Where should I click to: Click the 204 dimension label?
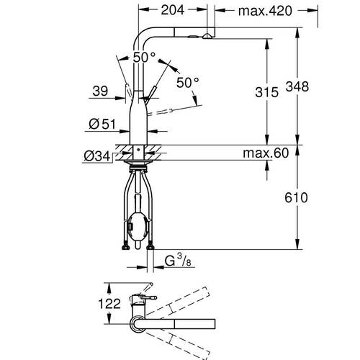point(173,10)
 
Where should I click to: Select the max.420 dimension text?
point(265,11)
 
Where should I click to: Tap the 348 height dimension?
point(297,86)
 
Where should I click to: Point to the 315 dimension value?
point(266,92)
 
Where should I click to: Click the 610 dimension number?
point(296,197)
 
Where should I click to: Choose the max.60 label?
point(266,153)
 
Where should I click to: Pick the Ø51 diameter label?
point(102,124)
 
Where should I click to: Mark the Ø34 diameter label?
point(96,156)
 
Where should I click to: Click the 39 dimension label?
point(100,91)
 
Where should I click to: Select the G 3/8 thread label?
point(178,261)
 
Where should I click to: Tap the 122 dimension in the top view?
point(109,304)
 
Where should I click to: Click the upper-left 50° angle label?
point(144,57)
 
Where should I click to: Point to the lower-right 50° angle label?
point(187,82)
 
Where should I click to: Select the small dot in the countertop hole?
point(138,149)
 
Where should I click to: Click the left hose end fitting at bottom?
point(125,247)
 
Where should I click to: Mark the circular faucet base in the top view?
point(138,325)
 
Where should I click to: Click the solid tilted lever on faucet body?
point(150,95)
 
